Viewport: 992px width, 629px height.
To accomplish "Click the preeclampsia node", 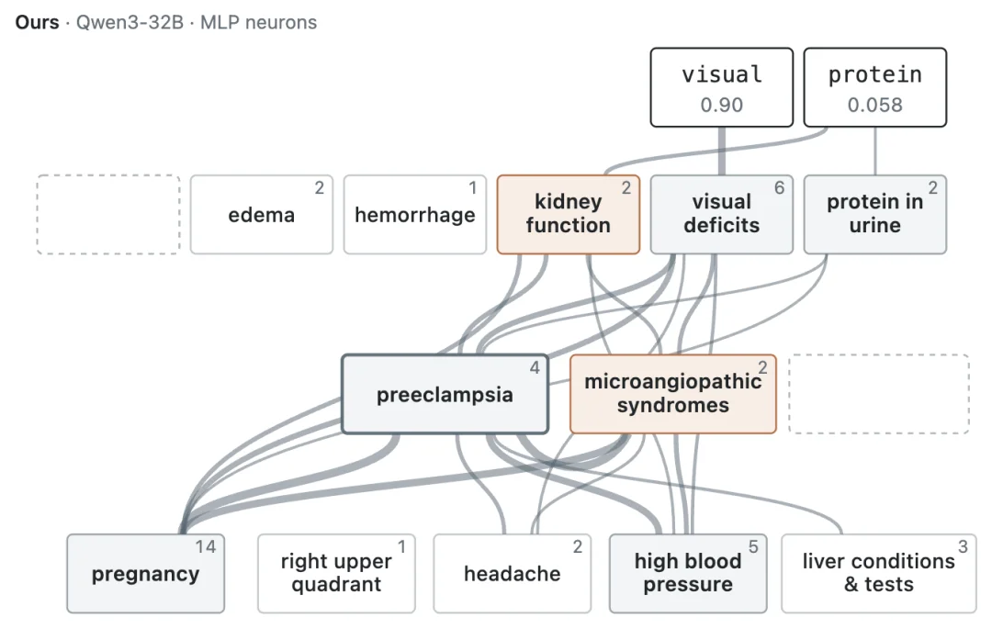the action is click(x=445, y=394).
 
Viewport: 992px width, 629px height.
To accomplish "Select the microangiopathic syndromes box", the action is click(x=673, y=394).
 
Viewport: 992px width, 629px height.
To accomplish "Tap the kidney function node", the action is click(x=569, y=214).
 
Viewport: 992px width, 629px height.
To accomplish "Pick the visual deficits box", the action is click(x=721, y=214).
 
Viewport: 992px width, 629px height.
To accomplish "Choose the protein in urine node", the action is click(x=875, y=214).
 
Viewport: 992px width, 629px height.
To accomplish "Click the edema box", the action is click(x=261, y=214).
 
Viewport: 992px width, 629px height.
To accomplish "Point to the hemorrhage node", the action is click(x=415, y=214).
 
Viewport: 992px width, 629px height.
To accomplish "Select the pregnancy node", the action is click(x=145, y=573).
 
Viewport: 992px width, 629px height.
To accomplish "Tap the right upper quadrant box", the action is click(x=336, y=573).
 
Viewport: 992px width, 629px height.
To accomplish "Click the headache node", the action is click(x=513, y=573).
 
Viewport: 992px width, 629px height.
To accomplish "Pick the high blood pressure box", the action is click(x=688, y=573).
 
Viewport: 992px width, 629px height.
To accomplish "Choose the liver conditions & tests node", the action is click(x=879, y=573).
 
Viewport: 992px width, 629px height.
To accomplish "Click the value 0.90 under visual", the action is click(x=721, y=105).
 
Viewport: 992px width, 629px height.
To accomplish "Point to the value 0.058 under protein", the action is click(x=875, y=105).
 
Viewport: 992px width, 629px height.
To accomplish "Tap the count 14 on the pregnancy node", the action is click(x=206, y=547).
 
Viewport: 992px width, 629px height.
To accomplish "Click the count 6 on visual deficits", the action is click(x=780, y=187).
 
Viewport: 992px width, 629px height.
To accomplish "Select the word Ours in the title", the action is click(x=38, y=22).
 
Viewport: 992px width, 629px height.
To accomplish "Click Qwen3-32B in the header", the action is click(x=130, y=22).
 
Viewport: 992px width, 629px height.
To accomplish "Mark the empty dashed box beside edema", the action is click(x=108, y=214).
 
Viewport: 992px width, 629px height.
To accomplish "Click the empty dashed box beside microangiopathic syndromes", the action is click(x=879, y=394).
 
